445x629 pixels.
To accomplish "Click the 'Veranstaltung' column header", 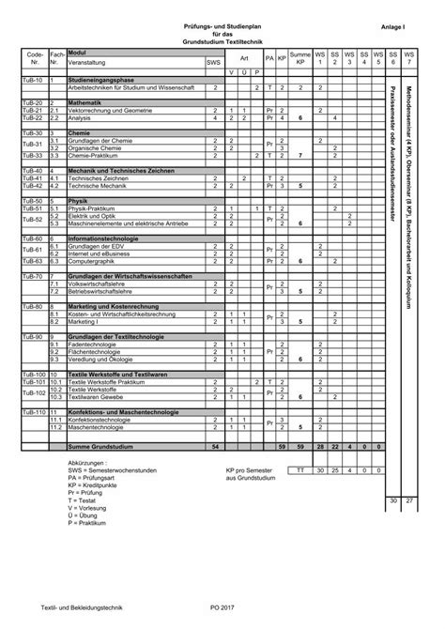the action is pos(88,64).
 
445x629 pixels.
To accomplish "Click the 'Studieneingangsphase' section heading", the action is pos(102,82).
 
